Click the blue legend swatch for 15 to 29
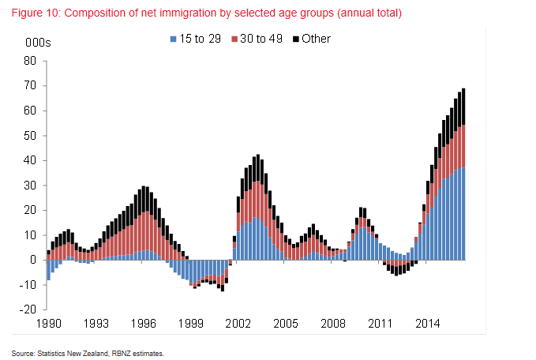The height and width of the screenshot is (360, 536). (173, 39)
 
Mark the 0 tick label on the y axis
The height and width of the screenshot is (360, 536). (33, 260)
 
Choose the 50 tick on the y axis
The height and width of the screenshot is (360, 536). (30, 135)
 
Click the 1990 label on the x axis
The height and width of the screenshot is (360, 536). (48, 324)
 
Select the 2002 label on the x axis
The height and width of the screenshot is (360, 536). (238, 324)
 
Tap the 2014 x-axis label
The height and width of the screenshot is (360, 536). (427, 324)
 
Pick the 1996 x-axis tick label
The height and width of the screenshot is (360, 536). (143, 324)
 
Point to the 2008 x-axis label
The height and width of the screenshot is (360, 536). (332, 324)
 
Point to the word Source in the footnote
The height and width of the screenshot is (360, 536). (24, 353)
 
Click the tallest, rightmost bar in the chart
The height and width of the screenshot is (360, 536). (463, 174)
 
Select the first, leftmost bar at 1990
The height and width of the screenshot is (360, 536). (48, 266)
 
